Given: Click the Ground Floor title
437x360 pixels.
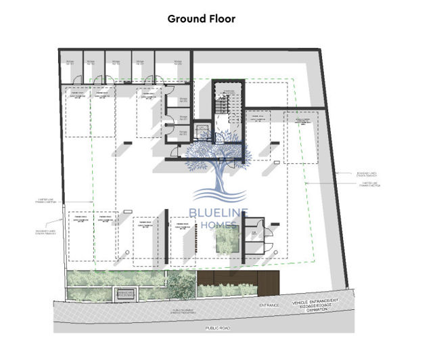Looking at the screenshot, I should (202, 19).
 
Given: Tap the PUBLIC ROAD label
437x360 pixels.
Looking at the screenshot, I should (219, 327).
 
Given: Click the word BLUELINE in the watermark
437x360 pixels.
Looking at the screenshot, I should (218, 212).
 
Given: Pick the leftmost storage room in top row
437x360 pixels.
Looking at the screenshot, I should (70, 66).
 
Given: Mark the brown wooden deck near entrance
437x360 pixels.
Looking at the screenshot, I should (238, 279).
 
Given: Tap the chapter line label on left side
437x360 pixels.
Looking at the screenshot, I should (45, 201).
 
